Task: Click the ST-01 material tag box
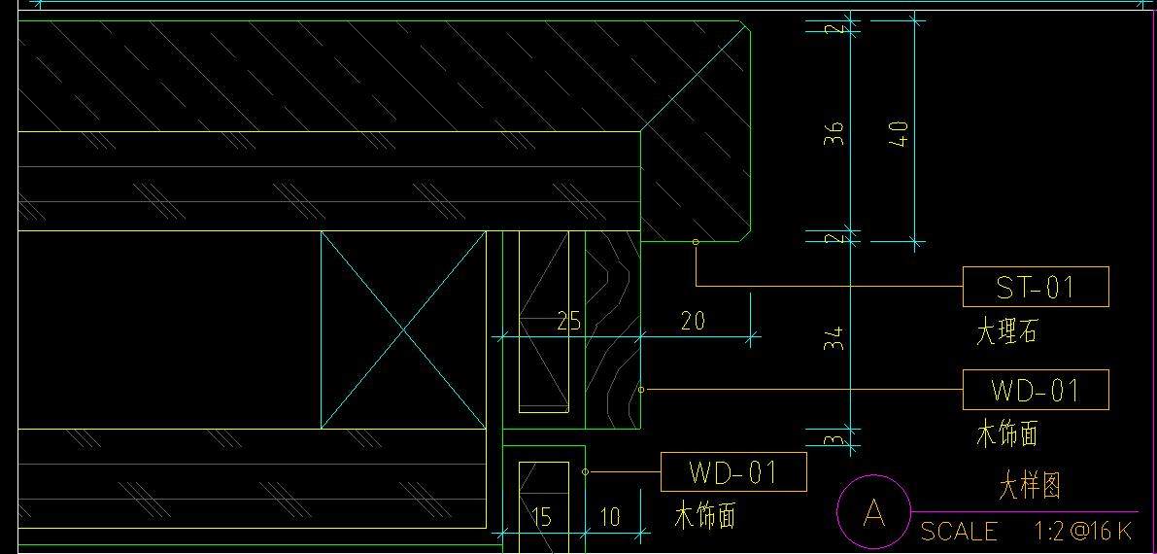coord(1035,287)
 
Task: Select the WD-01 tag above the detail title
coord(1035,390)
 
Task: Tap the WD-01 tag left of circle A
coord(732,472)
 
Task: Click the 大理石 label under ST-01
coord(1006,332)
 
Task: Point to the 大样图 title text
coord(1030,485)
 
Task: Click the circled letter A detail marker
coord(874,512)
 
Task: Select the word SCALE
coord(959,532)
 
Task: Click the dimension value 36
coord(835,132)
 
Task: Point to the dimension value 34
coord(835,338)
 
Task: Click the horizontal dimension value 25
coord(568,322)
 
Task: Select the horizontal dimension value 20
coord(693,321)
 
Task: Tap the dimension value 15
coord(541,517)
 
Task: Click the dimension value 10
coord(609,517)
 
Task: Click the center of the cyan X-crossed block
coord(403,330)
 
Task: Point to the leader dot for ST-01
coord(696,242)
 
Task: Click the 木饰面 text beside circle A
coord(704,516)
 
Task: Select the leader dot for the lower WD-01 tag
coord(585,472)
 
